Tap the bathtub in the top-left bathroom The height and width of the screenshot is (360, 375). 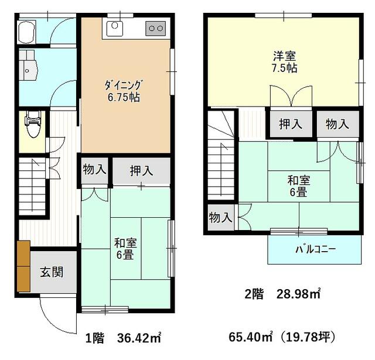[x=27, y=32]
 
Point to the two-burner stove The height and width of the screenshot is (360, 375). [x=156, y=29]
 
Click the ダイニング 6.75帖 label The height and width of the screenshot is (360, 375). [x=124, y=91]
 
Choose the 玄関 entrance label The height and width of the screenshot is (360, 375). [x=52, y=272]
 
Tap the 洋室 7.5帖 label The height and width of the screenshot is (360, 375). [x=284, y=62]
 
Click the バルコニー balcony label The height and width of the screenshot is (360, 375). [x=316, y=249]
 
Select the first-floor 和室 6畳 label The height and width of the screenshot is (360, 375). [x=125, y=249]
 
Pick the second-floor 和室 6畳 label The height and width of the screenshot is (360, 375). [x=298, y=186]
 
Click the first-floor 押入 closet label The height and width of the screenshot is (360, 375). [x=141, y=171]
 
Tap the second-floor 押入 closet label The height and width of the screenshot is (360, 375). [x=291, y=124]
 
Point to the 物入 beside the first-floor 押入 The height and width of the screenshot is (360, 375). [x=94, y=170]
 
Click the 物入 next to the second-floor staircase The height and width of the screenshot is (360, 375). [x=220, y=218]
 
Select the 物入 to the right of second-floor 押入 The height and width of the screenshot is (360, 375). [x=337, y=124]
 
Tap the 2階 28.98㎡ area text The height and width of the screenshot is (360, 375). [x=282, y=294]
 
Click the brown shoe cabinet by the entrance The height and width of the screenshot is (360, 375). [x=23, y=266]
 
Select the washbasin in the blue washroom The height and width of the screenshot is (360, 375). [x=28, y=70]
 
